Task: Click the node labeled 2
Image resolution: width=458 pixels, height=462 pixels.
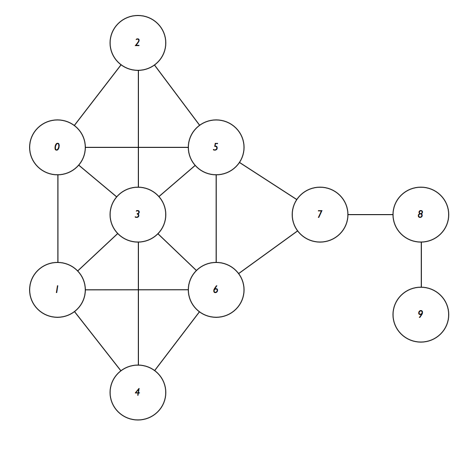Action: click(x=138, y=43)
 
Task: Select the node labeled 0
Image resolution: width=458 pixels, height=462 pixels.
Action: click(x=57, y=147)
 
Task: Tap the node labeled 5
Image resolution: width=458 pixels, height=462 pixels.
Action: click(x=216, y=147)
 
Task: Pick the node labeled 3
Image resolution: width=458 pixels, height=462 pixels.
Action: click(x=138, y=215)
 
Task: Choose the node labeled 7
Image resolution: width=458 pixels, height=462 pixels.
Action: click(x=320, y=215)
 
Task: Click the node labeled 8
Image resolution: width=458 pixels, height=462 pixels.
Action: click(x=421, y=215)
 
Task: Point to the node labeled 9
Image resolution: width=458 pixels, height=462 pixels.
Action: click(x=421, y=315)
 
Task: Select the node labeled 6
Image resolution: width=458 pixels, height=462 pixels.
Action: click(x=216, y=290)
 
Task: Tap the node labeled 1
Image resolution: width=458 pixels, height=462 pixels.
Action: click(x=57, y=290)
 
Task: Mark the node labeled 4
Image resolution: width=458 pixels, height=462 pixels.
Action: click(x=138, y=393)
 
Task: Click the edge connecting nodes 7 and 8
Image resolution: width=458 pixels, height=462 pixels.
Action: click(x=370, y=215)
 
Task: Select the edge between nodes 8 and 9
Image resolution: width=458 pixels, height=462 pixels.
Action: click(x=421, y=265)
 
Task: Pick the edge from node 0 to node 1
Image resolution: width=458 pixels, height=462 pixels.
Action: click(x=57, y=219)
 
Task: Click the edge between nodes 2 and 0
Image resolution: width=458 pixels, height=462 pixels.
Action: click(x=98, y=95)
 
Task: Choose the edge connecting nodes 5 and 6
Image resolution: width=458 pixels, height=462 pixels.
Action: click(x=216, y=219)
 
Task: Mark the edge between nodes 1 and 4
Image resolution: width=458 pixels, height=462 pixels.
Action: click(x=98, y=341)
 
